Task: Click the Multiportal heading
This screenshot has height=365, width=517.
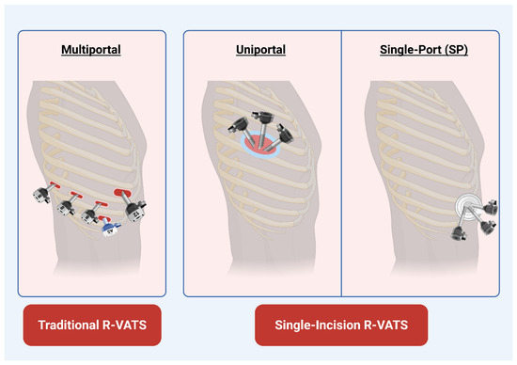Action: click(x=91, y=50)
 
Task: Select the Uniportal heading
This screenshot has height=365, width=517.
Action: click(x=260, y=50)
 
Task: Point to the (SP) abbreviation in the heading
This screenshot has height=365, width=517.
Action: click(x=456, y=50)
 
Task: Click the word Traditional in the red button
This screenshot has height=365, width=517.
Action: click(x=68, y=325)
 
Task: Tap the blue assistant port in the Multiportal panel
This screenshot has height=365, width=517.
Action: click(x=110, y=228)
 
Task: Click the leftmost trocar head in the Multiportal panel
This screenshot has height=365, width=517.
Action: click(x=42, y=195)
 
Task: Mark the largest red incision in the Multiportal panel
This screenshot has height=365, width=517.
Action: click(x=122, y=193)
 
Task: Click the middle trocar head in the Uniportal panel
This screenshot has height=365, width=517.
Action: click(x=263, y=117)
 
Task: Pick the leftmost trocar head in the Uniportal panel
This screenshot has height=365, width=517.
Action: click(x=238, y=125)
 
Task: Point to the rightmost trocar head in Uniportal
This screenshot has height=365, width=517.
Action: click(x=285, y=134)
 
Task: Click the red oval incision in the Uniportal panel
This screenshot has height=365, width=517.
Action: click(x=262, y=145)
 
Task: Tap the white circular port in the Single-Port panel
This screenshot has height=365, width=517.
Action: click(x=466, y=205)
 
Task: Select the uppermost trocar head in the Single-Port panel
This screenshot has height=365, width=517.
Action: click(x=492, y=207)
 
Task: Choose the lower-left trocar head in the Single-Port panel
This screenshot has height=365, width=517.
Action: click(x=459, y=232)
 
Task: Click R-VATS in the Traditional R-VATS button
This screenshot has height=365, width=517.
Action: click(x=125, y=325)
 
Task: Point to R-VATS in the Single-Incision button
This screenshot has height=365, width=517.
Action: click(x=385, y=325)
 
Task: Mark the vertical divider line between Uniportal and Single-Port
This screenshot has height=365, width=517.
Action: click(x=341, y=164)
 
